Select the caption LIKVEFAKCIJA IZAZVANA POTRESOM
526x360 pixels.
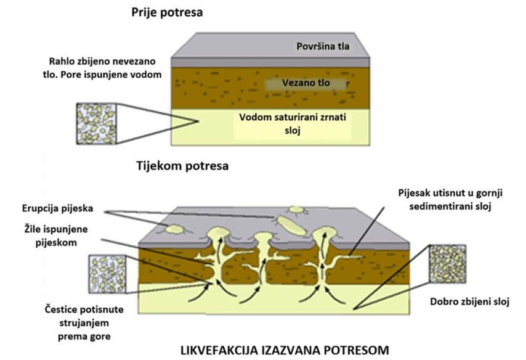point(285,350)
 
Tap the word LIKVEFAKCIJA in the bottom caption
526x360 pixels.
point(222,350)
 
